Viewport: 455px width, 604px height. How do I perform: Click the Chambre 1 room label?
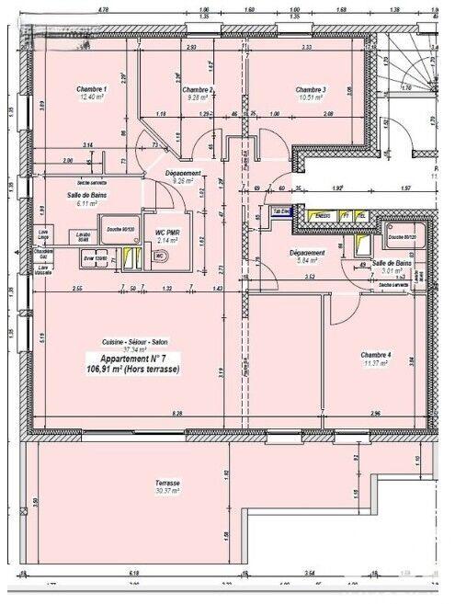(93, 89)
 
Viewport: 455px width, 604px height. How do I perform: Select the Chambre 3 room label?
(312, 89)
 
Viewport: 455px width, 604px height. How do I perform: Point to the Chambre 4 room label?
(376, 355)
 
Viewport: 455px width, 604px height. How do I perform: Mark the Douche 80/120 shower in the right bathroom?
(401, 237)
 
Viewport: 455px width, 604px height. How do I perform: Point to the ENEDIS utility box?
(322, 216)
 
